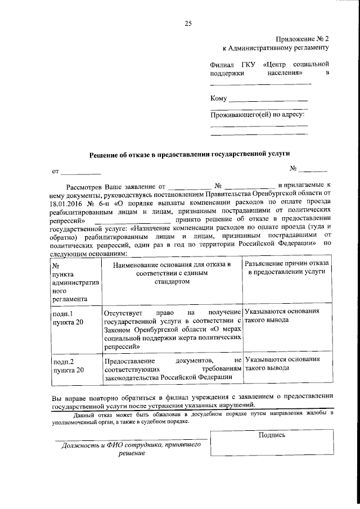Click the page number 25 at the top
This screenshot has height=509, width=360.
pyautogui.click(x=188, y=23)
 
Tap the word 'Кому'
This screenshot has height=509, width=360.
pyautogui.click(x=218, y=99)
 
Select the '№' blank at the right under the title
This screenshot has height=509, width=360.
pyautogui.click(x=312, y=169)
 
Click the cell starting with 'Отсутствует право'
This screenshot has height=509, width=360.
pyautogui.click(x=172, y=330)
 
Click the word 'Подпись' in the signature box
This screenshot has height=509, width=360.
pyautogui.click(x=272, y=434)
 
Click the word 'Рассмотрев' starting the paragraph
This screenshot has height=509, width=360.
pyautogui.click(x=86, y=185)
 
